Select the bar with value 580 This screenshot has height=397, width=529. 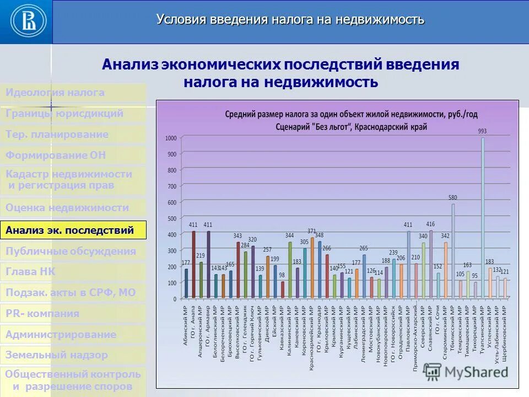pyautogui.click(x=453, y=251)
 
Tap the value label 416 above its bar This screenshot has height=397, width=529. pyautogui.click(x=430, y=224)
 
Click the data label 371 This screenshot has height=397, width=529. pyautogui.click(x=312, y=231)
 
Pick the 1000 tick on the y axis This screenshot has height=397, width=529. pyautogui.click(x=171, y=138)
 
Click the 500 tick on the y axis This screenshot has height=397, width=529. pyautogui.click(x=172, y=218)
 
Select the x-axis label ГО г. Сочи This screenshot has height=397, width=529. pyautogui.click(x=438, y=320)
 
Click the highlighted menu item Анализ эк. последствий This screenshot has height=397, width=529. pyautogui.click(x=73, y=230)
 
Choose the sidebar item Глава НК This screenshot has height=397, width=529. pyautogui.click(x=31, y=272)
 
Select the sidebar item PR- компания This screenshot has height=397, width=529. pyautogui.click(x=42, y=314)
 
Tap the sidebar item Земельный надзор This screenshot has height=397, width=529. pyautogui.click(x=57, y=355)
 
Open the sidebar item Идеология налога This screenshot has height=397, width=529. pyautogui.click(x=55, y=93)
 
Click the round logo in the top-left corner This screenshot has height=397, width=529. pyautogui.click(x=26, y=22)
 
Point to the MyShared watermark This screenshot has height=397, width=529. pyautogui.click(x=477, y=372)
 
